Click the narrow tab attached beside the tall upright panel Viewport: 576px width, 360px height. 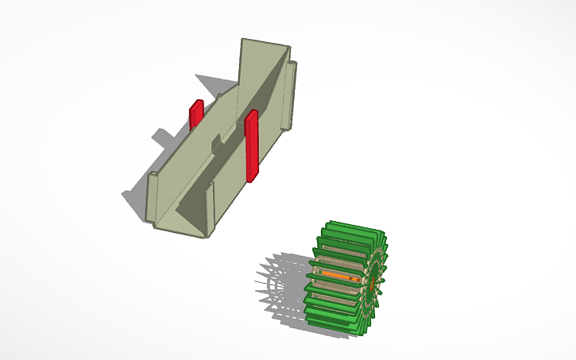point(292,92)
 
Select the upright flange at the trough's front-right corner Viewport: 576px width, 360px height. point(212,207)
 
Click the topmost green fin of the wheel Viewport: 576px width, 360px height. point(350,226)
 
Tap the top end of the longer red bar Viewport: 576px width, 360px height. point(251,114)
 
